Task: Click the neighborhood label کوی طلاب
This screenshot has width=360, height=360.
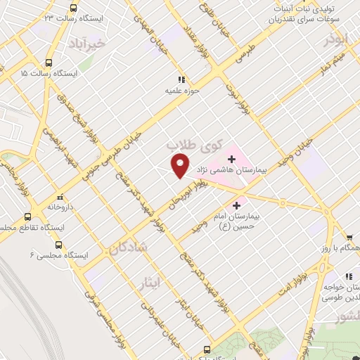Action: pyautogui.click(x=193, y=145)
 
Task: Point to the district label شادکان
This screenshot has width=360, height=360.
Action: pyautogui.click(x=128, y=246)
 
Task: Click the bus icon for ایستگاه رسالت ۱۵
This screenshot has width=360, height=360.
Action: pyautogui.click(x=49, y=61)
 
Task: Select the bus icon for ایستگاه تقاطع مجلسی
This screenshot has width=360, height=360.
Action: pyautogui.click(x=28, y=217)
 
